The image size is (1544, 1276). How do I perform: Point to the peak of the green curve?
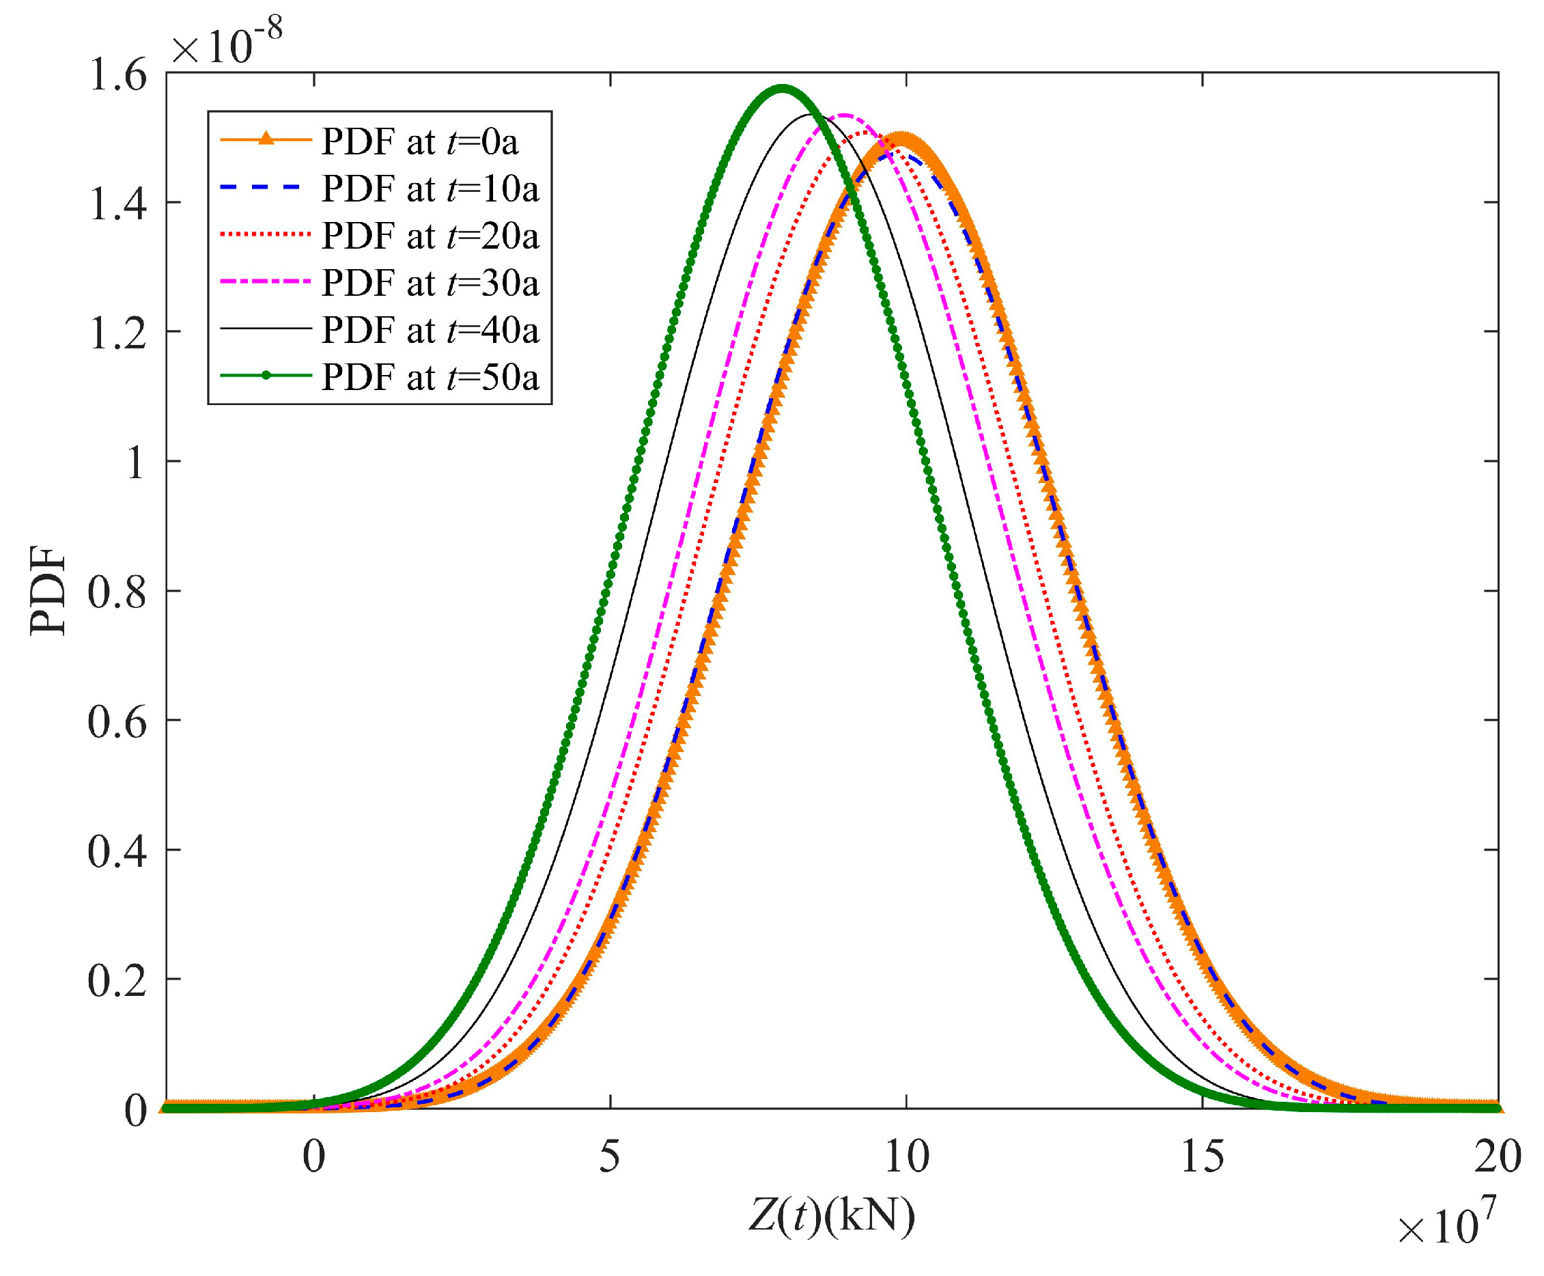pyautogui.click(x=783, y=87)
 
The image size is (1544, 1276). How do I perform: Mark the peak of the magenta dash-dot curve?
pyautogui.click(x=845, y=115)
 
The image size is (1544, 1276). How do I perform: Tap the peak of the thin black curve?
pyautogui.click(x=811, y=115)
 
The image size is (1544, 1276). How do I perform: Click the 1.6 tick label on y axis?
pyautogui.click(x=117, y=76)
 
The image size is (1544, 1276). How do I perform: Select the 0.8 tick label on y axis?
pyautogui.click(x=117, y=592)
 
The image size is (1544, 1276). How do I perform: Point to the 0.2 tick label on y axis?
pyautogui.click(x=117, y=982)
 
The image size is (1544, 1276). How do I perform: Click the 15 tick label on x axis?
pyautogui.click(x=1203, y=1158)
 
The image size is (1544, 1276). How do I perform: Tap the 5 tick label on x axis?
pyautogui.click(x=609, y=1158)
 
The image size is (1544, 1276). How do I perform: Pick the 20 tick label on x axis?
pyautogui.click(x=1498, y=1158)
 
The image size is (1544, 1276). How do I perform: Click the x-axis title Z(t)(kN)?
pyautogui.click(x=831, y=1217)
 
